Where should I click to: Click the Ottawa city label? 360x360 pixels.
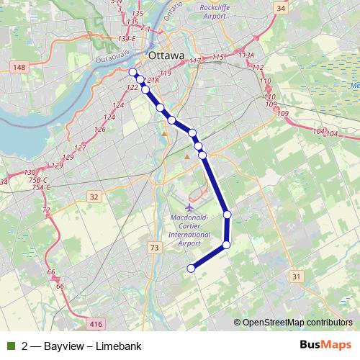point(166,55)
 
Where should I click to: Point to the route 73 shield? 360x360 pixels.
point(154,248)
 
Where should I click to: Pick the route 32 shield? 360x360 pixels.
point(94,197)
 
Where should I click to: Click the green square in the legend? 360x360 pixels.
point(10,346)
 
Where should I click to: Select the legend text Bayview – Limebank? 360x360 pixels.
point(79,346)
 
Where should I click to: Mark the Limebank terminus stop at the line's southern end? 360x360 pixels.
point(192,269)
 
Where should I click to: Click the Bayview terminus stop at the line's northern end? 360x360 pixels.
point(132,71)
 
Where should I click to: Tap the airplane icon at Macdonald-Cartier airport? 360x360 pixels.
point(189,208)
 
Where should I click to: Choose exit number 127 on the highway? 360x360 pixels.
point(80,148)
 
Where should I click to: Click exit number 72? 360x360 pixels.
point(46,210)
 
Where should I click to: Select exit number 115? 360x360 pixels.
point(219,56)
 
